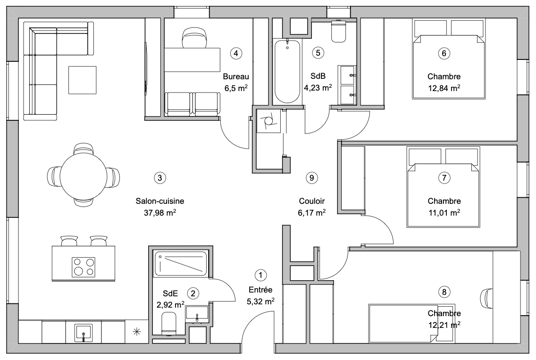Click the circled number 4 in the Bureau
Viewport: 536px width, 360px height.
click(236, 53)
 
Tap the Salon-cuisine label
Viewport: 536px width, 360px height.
click(160, 201)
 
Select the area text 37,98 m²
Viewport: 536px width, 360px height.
click(160, 213)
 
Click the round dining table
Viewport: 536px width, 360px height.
click(84, 175)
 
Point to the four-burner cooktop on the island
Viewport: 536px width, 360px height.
click(84, 267)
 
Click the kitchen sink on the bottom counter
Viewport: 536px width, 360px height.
click(84, 333)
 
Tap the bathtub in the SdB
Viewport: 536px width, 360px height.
click(287, 71)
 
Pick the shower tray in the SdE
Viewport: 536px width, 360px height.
click(181, 264)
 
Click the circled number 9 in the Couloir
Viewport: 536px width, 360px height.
click(311, 178)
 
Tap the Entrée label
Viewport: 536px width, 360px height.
click(260, 290)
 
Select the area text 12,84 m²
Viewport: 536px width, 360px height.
click(444, 88)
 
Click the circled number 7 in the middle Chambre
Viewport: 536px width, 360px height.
click(444, 178)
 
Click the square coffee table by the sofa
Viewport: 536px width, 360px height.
click(83, 80)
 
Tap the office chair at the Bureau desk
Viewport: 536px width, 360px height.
click(194, 38)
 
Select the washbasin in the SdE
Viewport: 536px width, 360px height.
click(197, 314)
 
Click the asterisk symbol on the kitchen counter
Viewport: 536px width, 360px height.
click(137, 331)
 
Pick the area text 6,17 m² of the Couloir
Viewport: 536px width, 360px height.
click(311, 213)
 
